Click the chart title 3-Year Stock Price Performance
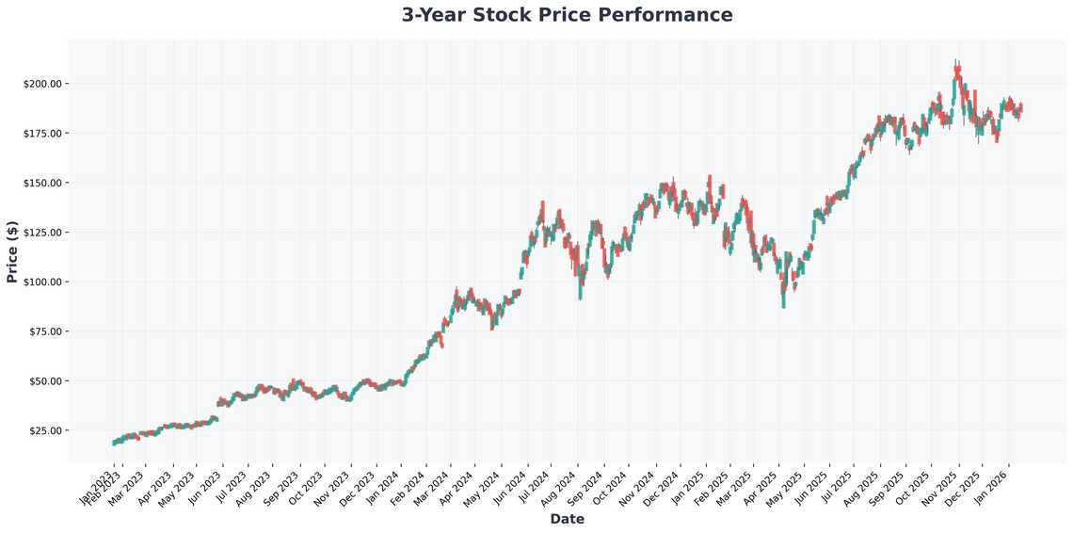(x=567, y=15)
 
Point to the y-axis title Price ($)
(x=12, y=251)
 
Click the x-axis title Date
(x=567, y=519)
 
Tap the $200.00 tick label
(x=42, y=84)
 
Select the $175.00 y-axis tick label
(x=42, y=134)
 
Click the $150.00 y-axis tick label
(x=42, y=183)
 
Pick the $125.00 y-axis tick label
(x=42, y=233)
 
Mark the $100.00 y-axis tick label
(x=42, y=282)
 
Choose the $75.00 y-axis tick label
(x=45, y=331)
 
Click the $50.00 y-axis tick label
(x=45, y=380)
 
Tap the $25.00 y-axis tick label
(x=45, y=430)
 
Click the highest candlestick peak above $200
(x=956, y=62)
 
